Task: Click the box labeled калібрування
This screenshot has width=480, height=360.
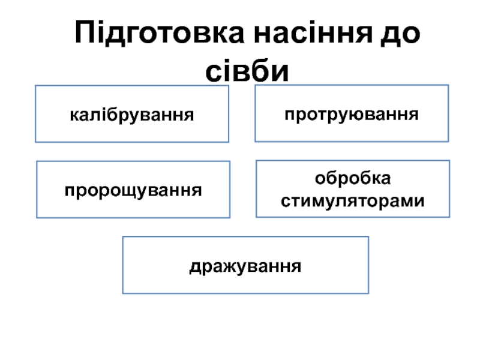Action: (x=132, y=113)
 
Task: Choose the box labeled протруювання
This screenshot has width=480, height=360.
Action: (x=352, y=113)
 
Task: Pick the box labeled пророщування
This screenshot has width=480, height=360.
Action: (x=133, y=190)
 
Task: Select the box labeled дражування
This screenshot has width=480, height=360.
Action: (x=245, y=265)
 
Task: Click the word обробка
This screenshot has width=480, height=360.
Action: (x=353, y=179)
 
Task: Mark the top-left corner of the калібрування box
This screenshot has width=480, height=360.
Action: (x=35, y=86)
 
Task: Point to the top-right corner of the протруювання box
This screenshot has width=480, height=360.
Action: (x=448, y=85)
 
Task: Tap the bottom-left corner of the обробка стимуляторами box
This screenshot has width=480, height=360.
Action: (x=256, y=217)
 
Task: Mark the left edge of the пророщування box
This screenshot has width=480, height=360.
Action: (x=37, y=190)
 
